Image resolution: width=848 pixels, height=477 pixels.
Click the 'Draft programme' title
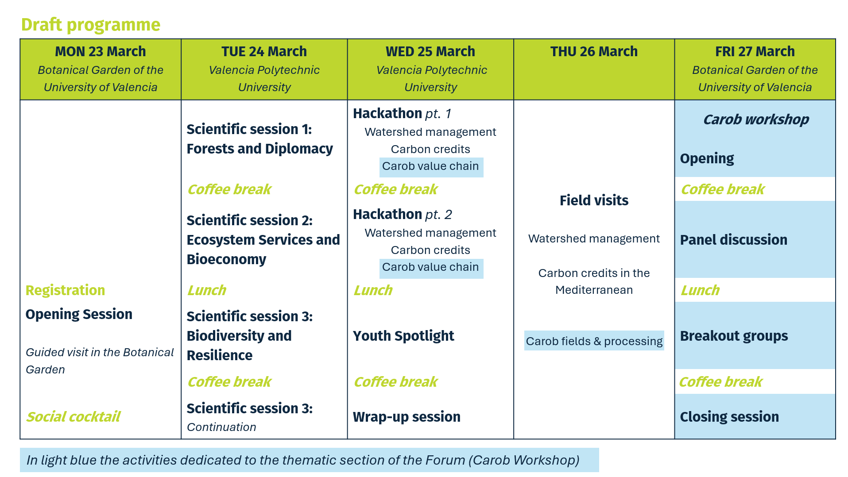(90, 25)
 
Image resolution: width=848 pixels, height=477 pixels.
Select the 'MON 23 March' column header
(100, 51)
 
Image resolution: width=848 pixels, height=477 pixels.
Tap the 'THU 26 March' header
(594, 51)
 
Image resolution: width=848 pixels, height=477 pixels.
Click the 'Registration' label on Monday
(65, 290)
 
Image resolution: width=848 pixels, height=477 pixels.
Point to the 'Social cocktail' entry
(73, 416)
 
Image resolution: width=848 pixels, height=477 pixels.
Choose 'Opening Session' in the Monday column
(79, 314)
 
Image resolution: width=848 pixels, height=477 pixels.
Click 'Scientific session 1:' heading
(249, 129)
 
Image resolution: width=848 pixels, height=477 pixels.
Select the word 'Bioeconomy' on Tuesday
(226, 259)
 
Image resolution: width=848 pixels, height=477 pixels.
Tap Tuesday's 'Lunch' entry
(206, 290)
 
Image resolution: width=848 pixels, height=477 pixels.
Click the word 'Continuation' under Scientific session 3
(221, 427)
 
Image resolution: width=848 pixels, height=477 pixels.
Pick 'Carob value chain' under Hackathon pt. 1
(430, 166)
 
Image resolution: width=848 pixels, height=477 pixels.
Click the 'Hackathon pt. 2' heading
(402, 215)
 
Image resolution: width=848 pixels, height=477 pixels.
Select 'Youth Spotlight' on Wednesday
(403, 336)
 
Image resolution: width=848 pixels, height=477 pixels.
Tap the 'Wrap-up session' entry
(407, 417)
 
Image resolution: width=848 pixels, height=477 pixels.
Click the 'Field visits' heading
(594, 200)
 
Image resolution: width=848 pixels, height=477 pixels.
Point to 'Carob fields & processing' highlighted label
(594, 341)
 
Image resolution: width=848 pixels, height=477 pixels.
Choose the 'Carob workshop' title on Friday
(755, 119)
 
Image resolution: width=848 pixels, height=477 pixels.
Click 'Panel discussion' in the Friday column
(733, 240)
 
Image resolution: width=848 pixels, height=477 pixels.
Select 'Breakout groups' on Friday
(734, 336)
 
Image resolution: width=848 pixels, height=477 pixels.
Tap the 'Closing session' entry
(729, 417)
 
